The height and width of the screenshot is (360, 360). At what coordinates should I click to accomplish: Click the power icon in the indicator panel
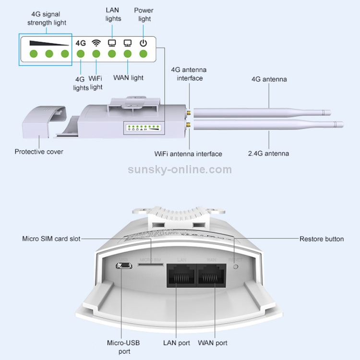coord(143,43)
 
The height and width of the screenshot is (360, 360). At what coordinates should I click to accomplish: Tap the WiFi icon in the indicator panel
coord(96,42)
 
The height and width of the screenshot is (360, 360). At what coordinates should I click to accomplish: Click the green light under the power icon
coord(143,54)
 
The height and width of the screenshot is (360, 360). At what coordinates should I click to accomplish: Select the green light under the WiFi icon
coord(96,54)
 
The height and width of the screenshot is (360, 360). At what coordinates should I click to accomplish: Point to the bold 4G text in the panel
coord(81,43)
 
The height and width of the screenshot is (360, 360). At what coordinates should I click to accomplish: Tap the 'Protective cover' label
coord(39,152)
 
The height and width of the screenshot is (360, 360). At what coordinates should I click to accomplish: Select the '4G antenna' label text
coord(269,79)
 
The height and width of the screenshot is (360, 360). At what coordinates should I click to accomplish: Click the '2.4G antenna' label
coord(269,154)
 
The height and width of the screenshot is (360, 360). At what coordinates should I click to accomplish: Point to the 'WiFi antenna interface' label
coord(188,154)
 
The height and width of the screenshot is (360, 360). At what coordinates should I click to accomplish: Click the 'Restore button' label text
coord(322,239)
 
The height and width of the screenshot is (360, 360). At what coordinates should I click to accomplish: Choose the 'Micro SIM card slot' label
coord(51,239)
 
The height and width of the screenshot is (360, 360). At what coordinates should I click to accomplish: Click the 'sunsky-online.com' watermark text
coord(180,169)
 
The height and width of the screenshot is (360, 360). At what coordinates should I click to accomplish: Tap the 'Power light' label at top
coord(144,14)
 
